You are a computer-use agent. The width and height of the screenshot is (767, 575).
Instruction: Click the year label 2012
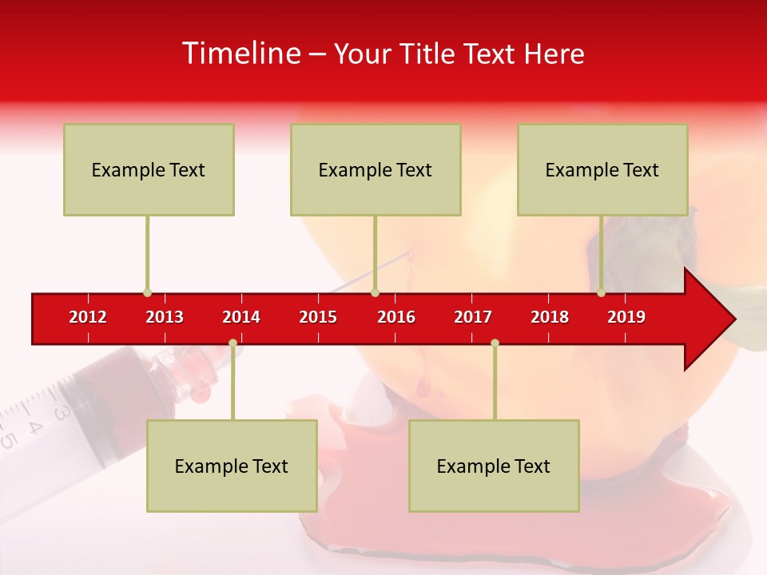pos(88,317)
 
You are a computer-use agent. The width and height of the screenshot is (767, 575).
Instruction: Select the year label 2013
pos(165,317)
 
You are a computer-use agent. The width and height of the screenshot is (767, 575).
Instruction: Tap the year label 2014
pos(241,317)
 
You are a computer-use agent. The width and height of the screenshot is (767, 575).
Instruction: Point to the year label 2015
pos(318,317)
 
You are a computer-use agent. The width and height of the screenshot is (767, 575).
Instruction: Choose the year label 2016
pos(396,317)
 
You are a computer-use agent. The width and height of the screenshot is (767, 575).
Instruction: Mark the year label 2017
pos(473,317)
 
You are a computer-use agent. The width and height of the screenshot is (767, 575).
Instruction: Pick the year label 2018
pos(550,317)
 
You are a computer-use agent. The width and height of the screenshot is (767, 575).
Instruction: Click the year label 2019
pos(626,317)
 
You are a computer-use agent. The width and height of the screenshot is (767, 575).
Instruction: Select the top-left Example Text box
pos(149,169)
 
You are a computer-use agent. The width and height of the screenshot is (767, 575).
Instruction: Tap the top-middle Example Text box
pos(376,169)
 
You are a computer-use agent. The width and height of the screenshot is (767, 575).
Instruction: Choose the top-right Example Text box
pos(602,169)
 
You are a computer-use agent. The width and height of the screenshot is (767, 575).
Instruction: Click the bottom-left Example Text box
pos(232,466)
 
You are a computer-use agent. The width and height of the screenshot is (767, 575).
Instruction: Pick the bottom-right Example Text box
pos(494,466)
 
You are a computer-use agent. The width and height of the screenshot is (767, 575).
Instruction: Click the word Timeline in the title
pos(240,54)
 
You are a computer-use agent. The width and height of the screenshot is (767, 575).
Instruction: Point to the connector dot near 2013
pos(147,293)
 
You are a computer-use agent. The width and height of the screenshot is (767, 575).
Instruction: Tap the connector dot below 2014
pos(232,343)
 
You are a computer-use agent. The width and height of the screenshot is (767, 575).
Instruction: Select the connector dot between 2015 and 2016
pos(375,293)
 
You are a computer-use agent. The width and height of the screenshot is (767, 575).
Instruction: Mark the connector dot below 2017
pos(495,343)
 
